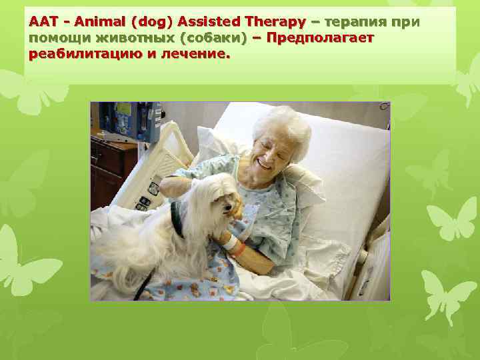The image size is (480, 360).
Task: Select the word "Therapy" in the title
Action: point(278,23)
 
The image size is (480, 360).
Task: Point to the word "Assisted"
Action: point(211,23)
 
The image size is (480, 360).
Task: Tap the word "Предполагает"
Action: point(319,38)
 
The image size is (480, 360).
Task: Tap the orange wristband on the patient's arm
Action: point(238,250)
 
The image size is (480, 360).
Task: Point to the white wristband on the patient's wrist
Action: point(230,244)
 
